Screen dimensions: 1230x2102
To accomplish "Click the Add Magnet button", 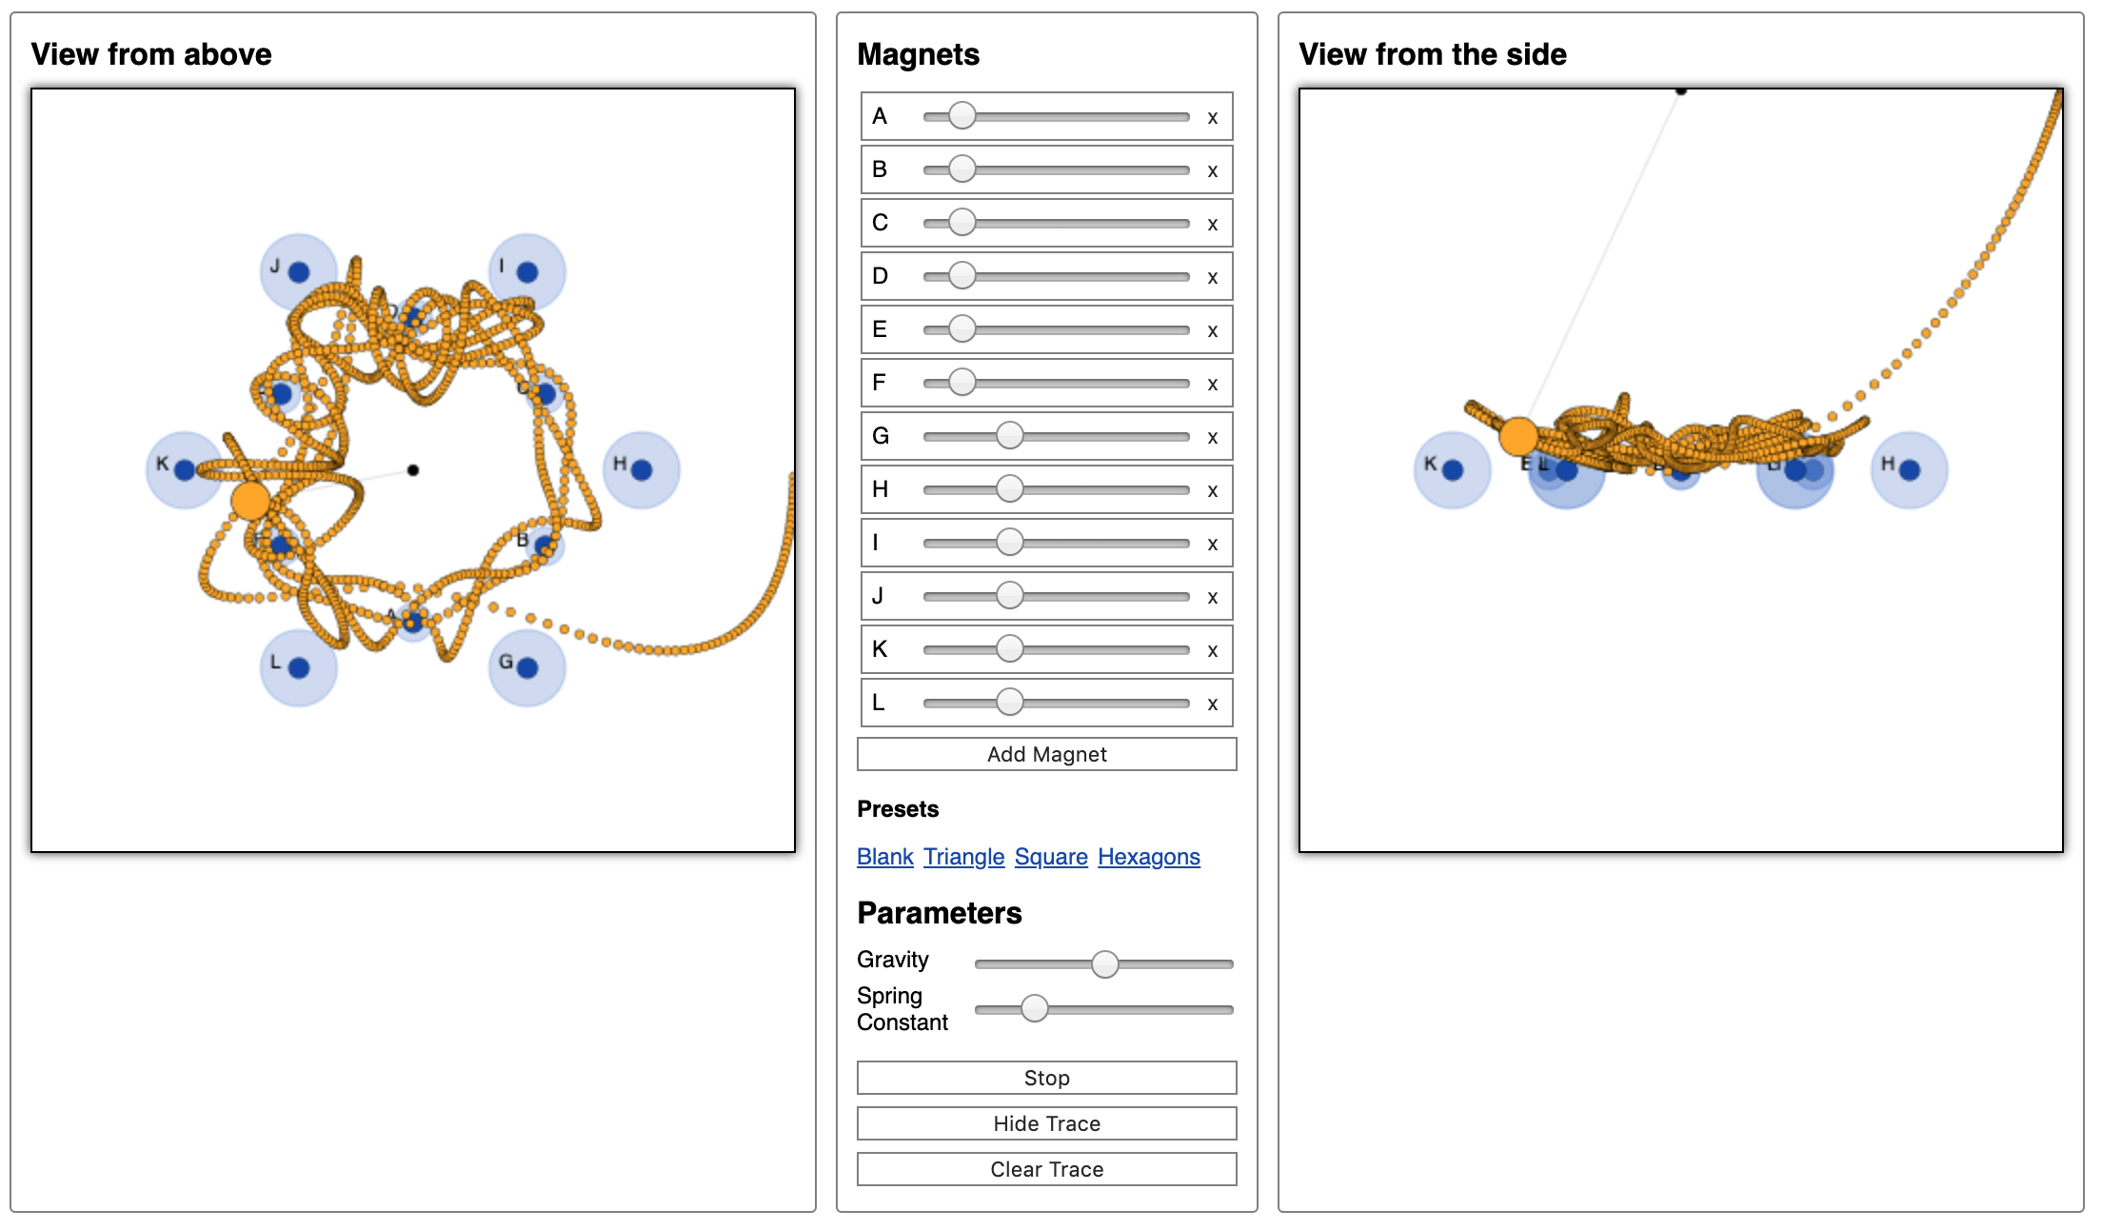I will pos(1046,754).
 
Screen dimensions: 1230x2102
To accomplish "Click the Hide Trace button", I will pos(1046,1123).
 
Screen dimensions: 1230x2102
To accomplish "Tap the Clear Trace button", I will pos(1046,1169).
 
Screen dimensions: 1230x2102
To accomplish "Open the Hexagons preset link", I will pos(1148,857).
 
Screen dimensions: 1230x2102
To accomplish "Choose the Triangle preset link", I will pos(963,857).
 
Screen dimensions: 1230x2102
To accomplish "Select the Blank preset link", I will pos(884,857).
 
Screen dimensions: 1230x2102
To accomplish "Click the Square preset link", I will pos(1050,857).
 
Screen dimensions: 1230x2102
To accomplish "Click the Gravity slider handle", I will pos(1104,964).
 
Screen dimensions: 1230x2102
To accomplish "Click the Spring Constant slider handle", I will pos(1034,1008).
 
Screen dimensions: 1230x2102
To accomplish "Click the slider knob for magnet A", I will pos(962,116).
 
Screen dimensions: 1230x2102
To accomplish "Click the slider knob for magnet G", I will pos(1009,436).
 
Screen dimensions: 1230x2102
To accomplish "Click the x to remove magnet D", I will pos(1212,277).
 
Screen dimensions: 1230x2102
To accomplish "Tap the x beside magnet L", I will pos(1212,704).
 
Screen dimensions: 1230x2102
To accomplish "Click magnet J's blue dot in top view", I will pos(299,272).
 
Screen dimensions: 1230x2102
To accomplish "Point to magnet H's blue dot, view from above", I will pos(642,469).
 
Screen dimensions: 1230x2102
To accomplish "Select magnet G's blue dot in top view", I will pos(527,667).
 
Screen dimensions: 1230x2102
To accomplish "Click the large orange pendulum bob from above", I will pos(251,500).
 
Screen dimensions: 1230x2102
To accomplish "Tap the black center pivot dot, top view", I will pos(412,470).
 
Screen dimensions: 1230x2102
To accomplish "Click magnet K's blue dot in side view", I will pos(1452,469).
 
